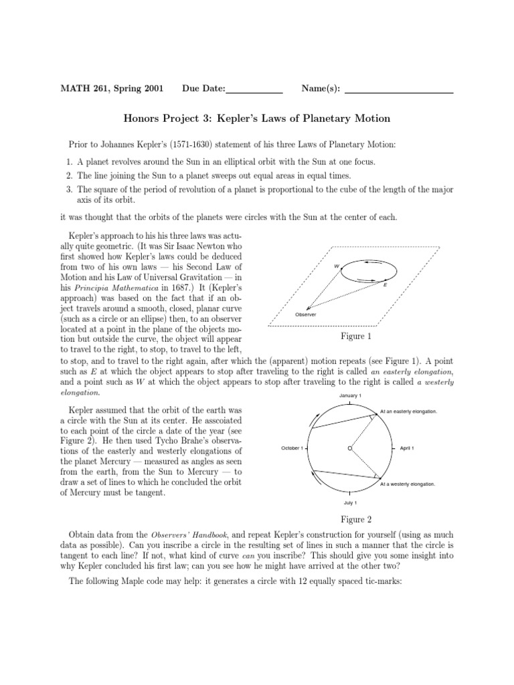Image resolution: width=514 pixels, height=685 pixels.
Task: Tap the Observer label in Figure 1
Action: pos(305,314)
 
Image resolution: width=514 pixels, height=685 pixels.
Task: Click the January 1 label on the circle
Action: pos(350,396)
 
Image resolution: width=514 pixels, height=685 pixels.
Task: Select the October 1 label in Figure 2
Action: pos(292,448)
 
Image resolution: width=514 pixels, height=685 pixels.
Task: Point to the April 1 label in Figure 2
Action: pos(407,448)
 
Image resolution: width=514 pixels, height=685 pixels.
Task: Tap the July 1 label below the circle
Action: pos(350,502)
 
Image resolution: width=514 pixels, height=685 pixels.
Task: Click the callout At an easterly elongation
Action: pos(408,411)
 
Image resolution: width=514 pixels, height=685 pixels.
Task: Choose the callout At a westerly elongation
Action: pos(408,483)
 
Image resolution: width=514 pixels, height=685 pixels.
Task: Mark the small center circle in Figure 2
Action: pos(350,448)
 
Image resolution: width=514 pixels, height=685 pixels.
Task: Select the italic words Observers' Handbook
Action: pos(175,534)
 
